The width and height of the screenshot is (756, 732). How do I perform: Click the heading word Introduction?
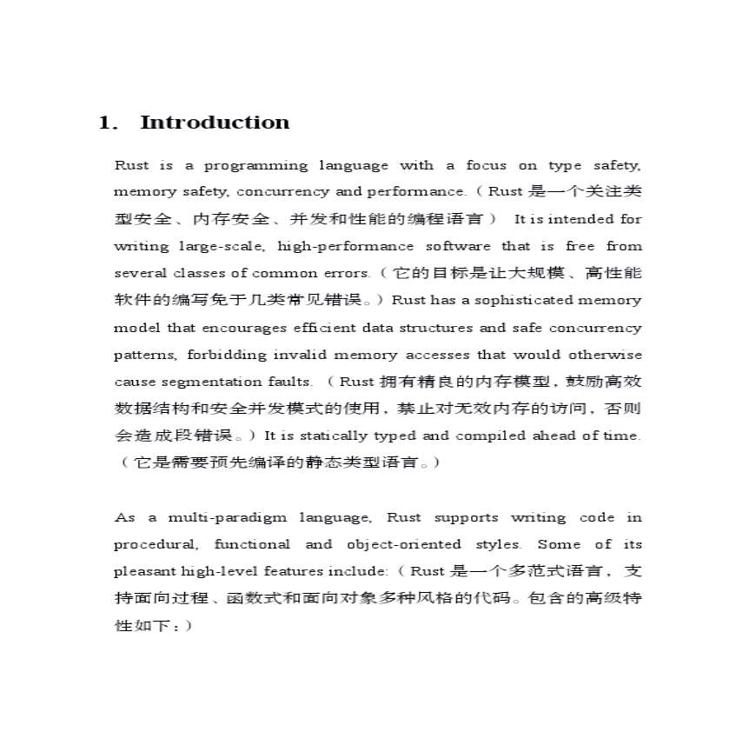pos(215,123)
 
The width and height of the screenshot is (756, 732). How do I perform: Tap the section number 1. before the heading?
pos(108,123)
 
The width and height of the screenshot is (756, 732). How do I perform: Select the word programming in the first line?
pos(255,165)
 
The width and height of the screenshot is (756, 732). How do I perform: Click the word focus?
pos(486,165)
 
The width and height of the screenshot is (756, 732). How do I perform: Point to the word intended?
pos(574,219)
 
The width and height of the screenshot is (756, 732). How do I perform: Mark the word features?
pos(297,571)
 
